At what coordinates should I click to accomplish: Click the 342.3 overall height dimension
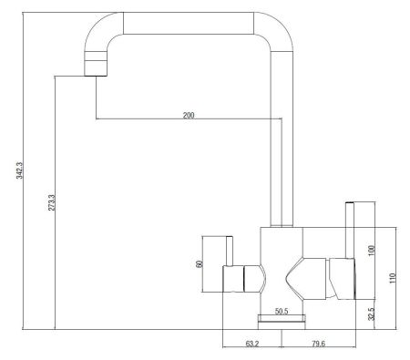click(x=20, y=170)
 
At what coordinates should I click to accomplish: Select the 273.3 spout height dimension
click(x=52, y=202)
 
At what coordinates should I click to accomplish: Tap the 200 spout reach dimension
click(x=189, y=115)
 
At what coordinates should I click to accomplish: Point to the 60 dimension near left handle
click(x=200, y=263)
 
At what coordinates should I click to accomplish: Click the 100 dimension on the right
click(x=372, y=251)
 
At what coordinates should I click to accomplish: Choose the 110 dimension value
click(x=393, y=278)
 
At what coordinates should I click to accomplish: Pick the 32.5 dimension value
click(x=372, y=314)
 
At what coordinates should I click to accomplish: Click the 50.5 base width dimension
click(x=282, y=311)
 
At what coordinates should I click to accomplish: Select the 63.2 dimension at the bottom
click(x=251, y=344)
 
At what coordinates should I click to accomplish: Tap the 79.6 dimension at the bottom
click(x=318, y=344)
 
